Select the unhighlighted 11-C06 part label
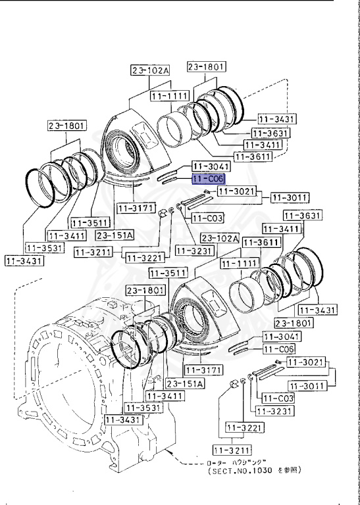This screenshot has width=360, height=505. pyautogui.click(x=279, y=349)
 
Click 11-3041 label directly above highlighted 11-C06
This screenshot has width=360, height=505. pyautogui.click(x=209, y=167)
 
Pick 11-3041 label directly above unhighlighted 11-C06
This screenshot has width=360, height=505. pyautogui.click(x=280, y=336)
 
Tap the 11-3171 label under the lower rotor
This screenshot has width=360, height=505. pyautogui.click(x=209, y=371)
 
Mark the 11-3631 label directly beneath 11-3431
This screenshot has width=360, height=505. pyautogui.click(x=270, y=132)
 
